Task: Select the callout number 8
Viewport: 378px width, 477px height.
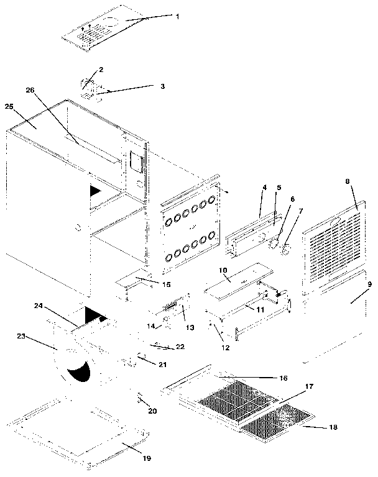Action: pos(348,182)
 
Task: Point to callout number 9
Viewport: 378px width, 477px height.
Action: pos(369,284)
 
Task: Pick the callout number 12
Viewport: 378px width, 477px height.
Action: pos(226,348)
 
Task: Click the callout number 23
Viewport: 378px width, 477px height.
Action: pos(21,336)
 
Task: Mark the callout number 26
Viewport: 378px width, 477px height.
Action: pos(29,89)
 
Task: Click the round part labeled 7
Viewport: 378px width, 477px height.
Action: pos(287,251)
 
